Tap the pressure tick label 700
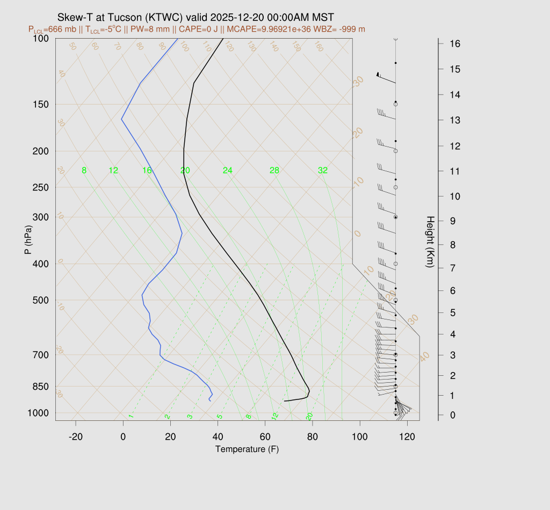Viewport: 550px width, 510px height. pos(41,355)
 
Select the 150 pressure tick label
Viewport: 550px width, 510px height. pos(41,104)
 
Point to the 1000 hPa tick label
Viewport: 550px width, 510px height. pos(39,413)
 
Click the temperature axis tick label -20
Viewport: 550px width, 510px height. pos(76,437)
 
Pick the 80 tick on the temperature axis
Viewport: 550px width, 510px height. pos(313,437)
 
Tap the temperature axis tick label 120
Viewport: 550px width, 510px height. pos(407,437)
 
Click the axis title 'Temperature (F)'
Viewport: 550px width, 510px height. pos(247,449)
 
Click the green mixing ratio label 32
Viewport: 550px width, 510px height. pos(322,171)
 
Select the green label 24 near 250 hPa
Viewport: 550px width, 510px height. pos(228,171)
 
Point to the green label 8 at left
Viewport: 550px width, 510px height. pos(84,171)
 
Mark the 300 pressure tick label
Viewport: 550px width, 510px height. pos(41,217)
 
